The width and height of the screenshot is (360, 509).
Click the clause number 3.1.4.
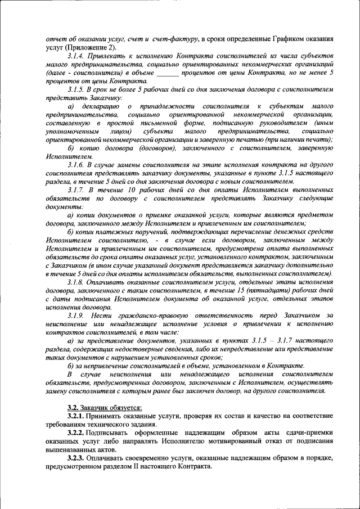pyautogui.click(x=76, y=57)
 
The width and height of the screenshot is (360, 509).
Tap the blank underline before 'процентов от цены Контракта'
pyautogui.click(x=167, y=73)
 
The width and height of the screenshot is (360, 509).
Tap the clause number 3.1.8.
pyautogui.click(x=76, y=281)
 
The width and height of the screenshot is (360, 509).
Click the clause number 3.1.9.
pyautogui.click(x=76, y=316)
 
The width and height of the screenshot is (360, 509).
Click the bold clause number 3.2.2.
pyautogui.click(x=76, y=433)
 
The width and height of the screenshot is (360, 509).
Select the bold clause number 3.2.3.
pyautogui.click(x=76, y=457)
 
